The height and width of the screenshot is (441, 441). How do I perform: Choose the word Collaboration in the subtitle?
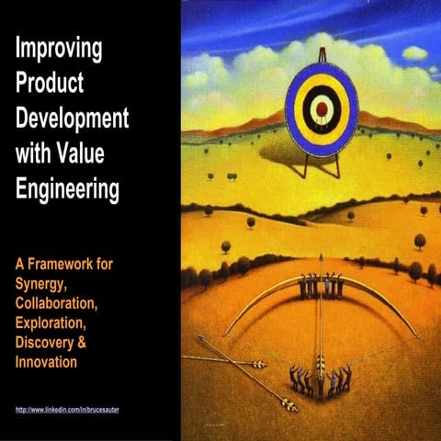coord(62,300)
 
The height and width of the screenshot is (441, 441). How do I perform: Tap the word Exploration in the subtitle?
coord(55,316)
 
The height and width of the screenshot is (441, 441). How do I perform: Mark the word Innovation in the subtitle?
coord(49,349)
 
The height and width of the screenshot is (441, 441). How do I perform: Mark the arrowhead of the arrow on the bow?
coord(322,257)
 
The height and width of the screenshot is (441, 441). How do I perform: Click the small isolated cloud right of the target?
coord(414,53)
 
